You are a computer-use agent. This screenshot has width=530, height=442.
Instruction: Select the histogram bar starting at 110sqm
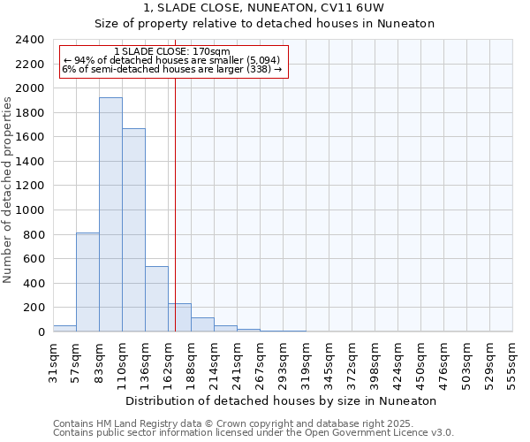coord(133,230)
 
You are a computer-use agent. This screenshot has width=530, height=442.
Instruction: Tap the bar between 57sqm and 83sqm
coord(87,282)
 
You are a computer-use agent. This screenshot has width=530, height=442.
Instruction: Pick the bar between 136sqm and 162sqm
coord(156,299)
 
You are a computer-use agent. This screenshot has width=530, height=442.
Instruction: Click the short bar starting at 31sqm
coord(64,328)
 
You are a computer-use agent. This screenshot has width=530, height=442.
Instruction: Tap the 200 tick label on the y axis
coord(34,308)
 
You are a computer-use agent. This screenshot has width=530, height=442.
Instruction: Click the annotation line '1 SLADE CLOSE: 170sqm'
coord(172,51)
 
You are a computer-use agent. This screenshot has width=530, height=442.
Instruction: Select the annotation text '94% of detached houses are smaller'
coord(171,60)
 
